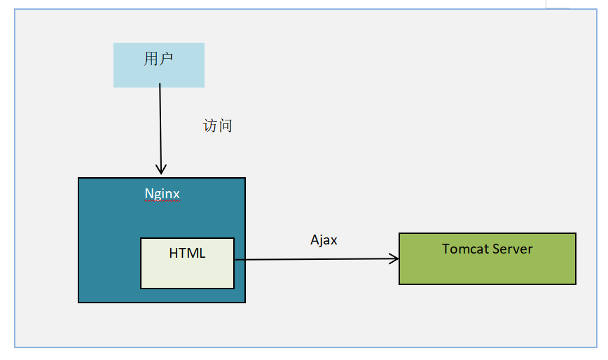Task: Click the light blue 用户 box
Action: pos(159,65)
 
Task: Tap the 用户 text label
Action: pos(158,59)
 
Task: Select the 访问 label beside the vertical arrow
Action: pos(218,126)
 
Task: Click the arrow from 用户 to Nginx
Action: pos(160,129)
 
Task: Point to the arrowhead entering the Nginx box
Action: pos(161,169)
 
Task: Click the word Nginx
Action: pos(162,194)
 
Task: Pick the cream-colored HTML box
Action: pos(187,263)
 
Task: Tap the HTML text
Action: pos(187,253)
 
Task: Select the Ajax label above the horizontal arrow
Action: pos(324,240)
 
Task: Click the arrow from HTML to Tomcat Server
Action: pos(317,259)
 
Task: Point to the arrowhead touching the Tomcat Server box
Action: pos(394,258)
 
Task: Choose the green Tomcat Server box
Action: pos(488,258)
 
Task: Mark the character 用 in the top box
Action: pos(151,59)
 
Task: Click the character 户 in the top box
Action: pos(166,59)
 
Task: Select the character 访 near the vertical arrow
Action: pos(210,126)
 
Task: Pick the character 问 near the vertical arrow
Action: pos(226,126)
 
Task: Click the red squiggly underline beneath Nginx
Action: pos(162,201)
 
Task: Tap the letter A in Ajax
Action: pos(315,240)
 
